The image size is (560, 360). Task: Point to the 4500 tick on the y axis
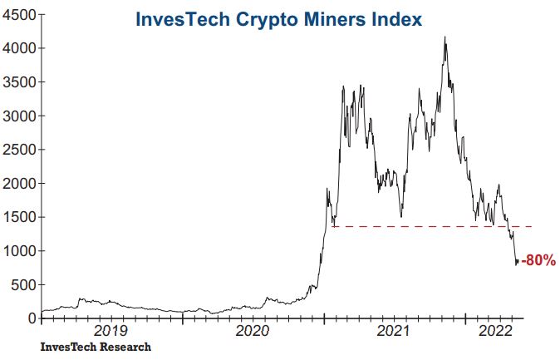point(18,15)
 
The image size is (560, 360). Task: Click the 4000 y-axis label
point(18,49)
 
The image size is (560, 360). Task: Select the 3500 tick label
point(18,82)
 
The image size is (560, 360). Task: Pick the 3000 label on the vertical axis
point(18,116)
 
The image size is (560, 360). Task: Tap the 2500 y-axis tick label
point(18,150)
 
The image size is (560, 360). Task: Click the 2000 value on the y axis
point(18,184)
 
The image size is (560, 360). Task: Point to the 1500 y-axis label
point(18,217)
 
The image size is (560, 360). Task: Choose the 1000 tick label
point(18,251)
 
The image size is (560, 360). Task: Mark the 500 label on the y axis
point(22,284)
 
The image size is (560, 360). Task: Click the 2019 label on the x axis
point(111,331)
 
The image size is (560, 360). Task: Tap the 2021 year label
point(395,331)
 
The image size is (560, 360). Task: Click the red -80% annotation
point(538,261)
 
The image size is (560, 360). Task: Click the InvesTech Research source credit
point(96,347)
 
